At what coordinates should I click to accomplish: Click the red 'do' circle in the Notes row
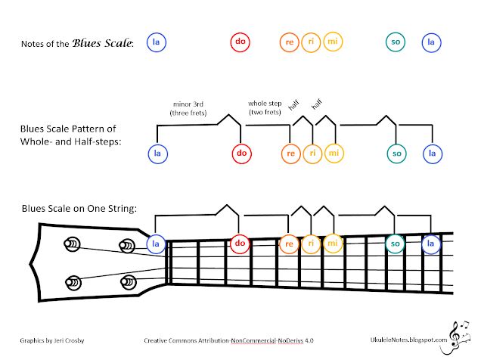239,42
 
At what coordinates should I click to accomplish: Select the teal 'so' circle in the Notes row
395,42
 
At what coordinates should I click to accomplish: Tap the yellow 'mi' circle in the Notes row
334,42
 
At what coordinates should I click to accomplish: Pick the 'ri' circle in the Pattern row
312,154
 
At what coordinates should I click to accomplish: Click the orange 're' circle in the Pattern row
290,154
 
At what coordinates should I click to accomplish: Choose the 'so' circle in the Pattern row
395,154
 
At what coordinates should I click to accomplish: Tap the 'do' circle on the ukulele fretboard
240,244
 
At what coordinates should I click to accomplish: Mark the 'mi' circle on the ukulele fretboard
332,244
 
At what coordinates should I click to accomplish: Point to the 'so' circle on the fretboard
395,244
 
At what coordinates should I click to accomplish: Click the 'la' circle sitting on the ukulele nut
156,244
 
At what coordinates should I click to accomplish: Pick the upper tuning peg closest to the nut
126,245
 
